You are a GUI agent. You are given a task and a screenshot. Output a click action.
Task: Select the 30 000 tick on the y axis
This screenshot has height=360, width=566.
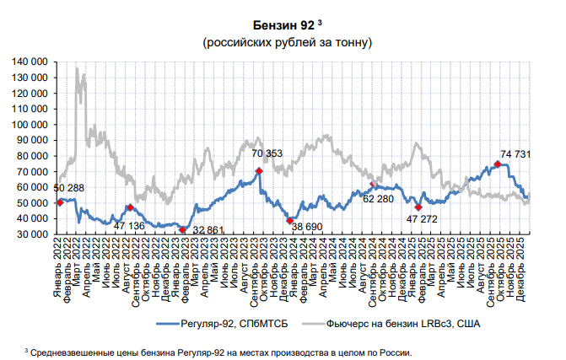34,234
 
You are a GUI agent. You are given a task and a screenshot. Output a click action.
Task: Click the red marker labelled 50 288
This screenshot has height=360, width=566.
60,202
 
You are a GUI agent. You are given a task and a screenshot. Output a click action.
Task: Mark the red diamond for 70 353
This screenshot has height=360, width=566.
260,171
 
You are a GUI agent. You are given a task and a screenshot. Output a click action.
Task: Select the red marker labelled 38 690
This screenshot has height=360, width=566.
289,220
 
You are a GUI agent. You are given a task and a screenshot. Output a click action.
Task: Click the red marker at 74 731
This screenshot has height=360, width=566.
497,164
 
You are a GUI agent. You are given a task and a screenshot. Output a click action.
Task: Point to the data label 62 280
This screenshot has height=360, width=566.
379,198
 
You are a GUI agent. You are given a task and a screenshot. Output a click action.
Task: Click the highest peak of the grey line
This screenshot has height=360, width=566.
78,69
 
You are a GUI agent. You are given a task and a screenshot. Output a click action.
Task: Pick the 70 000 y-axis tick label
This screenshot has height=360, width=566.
31,172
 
